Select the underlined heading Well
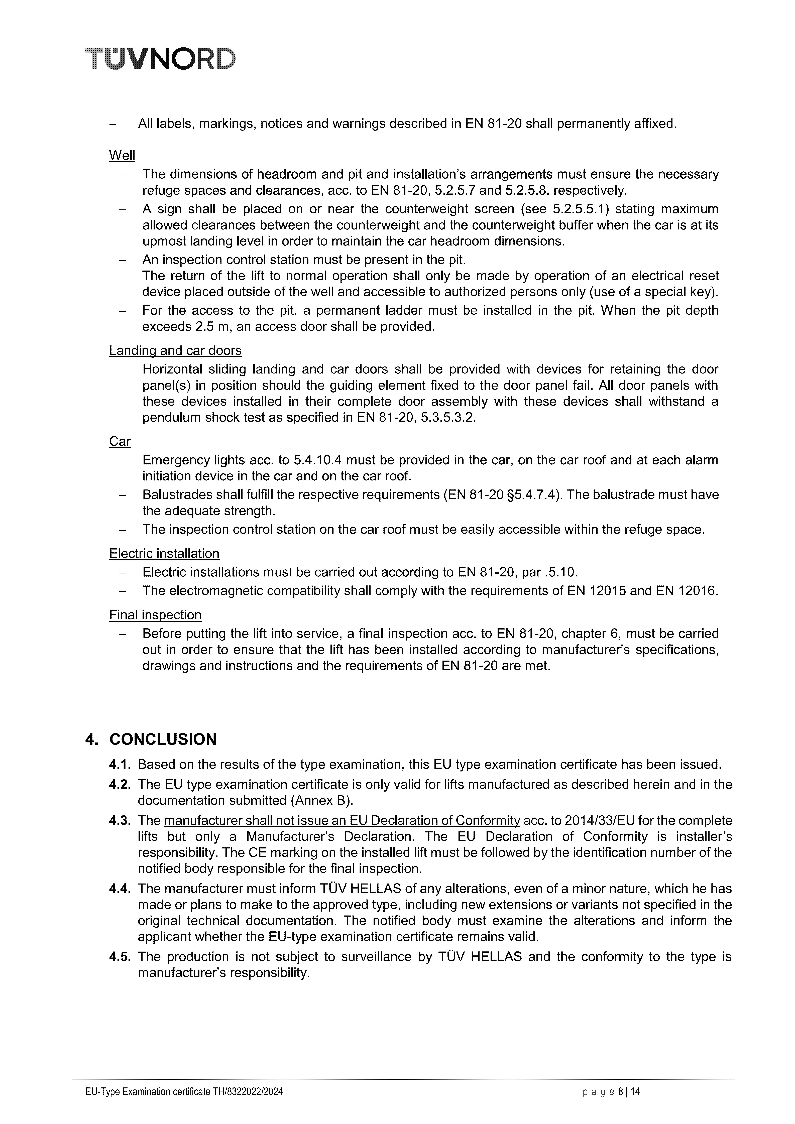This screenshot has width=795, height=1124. point(122,156)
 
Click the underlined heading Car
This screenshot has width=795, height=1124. point(120,442)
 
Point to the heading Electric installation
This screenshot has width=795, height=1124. point(164,554)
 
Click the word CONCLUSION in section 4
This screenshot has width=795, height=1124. point(163,739)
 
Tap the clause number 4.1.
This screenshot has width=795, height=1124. point(120,764)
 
